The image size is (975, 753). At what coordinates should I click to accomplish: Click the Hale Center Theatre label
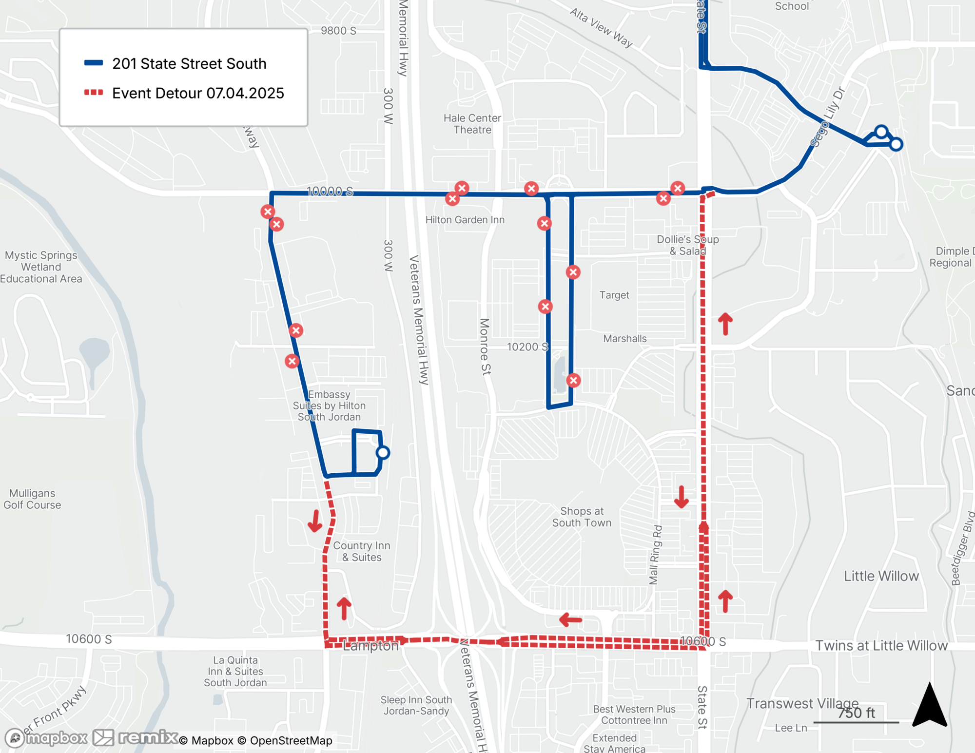pyautogui.click(x=472, y=124)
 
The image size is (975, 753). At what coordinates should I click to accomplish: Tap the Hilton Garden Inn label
pyautogui.click(x=465, y=220)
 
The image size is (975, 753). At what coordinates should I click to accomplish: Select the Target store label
pyautogui.click(x=614, y=295)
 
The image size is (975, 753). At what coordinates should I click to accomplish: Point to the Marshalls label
pyautogui.click(x=624, y=339)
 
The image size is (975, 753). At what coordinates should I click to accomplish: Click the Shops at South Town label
pyautogui.click(x=582, y=517)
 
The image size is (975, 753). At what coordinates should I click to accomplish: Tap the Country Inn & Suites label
pyautogui.click(x=361, y=551)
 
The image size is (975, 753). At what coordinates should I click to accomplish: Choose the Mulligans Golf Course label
pyautogui.click(x=32, y=499)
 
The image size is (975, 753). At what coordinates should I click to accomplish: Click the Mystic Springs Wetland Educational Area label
pyautogui.click(x=41, y=267)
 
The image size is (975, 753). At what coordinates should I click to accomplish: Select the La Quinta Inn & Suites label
pyautogui.click(x=235, y=671)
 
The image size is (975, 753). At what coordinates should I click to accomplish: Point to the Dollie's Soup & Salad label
pyautogui.click(x=687, y=245)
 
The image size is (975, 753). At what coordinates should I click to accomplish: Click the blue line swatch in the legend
pyautogui.click(x=94, y=63)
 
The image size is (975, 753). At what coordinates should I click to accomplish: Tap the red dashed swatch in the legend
pyautogui.click(x=94, y=93)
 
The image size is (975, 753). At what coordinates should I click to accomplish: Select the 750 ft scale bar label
pyautogui.click(x=856, y=713)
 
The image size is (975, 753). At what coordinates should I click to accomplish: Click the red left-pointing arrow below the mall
pyautogui.click(x=570, y=620)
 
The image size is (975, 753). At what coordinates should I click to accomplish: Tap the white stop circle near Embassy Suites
pyautogui.click(x=383, y=453)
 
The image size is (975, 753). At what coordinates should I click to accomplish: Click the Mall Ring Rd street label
pyautogui.click(x=656, y=555)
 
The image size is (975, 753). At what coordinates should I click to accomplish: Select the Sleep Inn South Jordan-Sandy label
pyautogui.click(x=416, y=705)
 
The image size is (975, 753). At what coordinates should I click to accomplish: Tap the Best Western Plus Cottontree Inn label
pyautogui.click(x=634, y=714)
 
